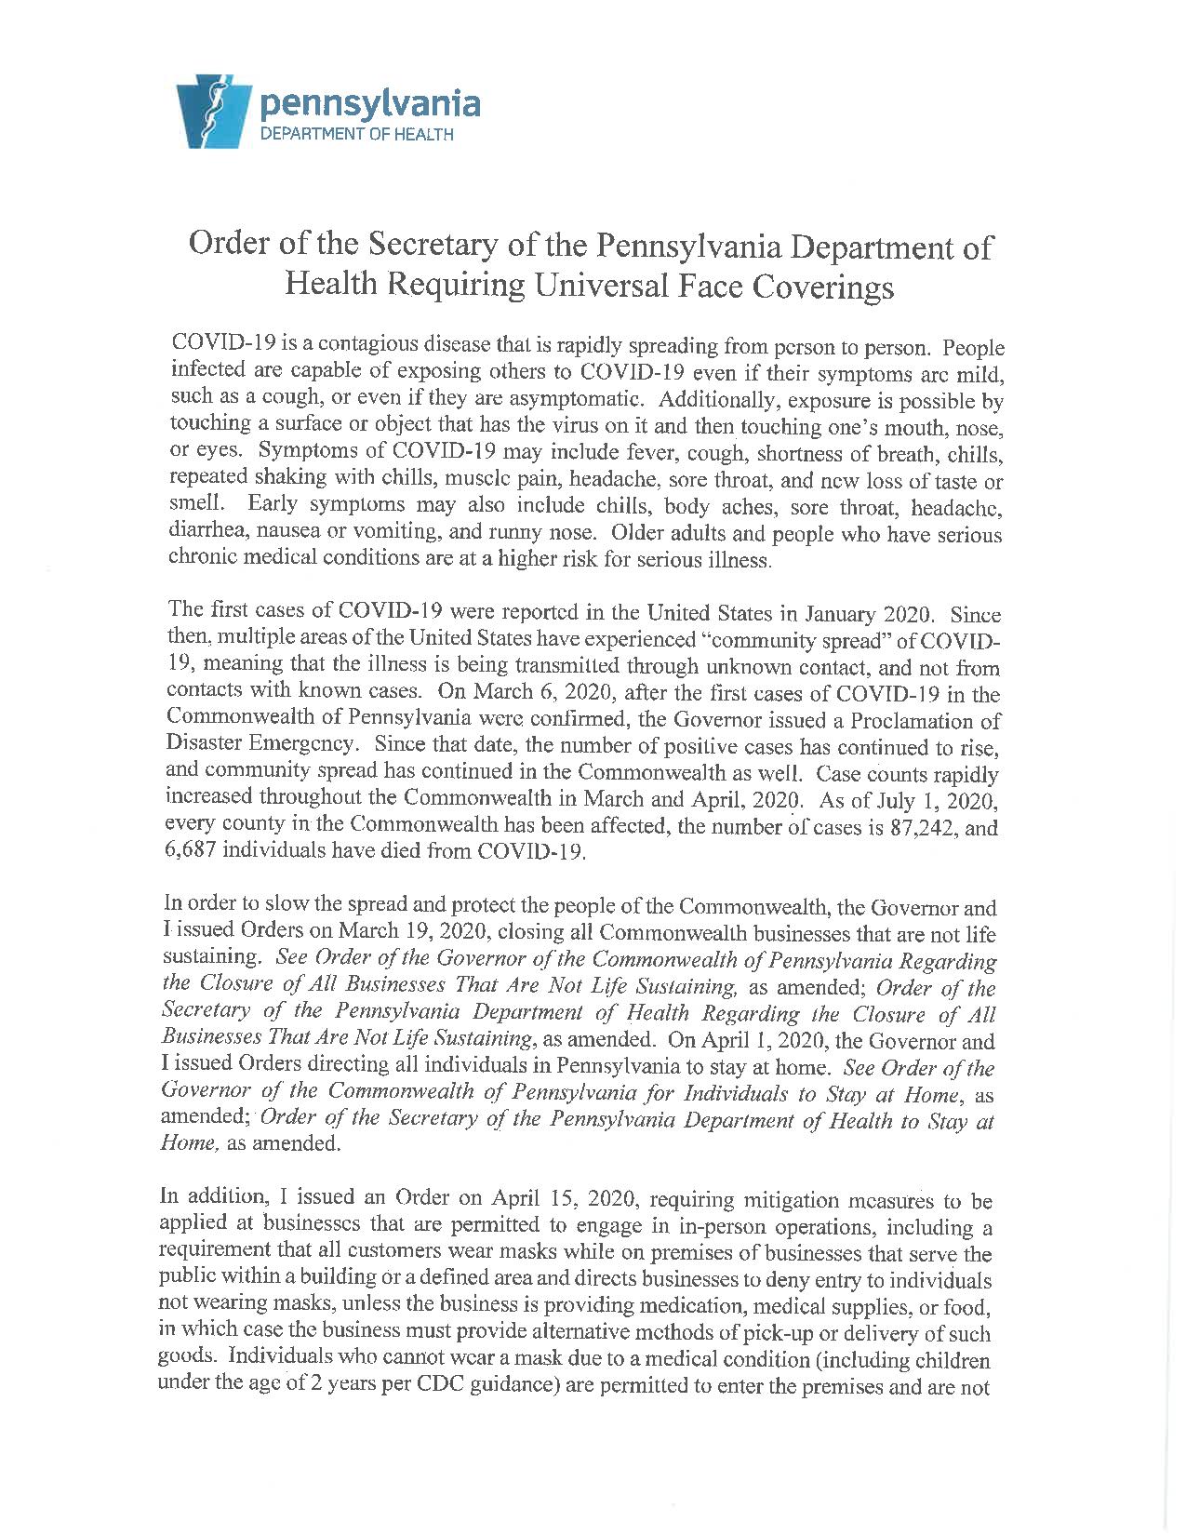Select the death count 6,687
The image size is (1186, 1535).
click(192, 853)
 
